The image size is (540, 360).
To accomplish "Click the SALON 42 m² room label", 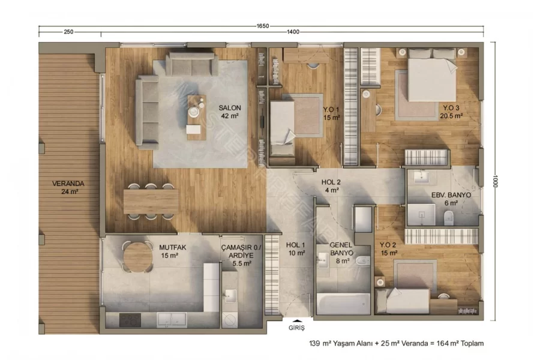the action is (229, 112).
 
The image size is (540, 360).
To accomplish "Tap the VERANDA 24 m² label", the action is (68, 187).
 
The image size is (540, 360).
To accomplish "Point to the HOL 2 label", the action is (331, 182).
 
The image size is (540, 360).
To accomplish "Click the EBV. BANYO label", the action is (451, 195).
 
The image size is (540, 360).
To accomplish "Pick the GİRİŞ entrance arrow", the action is (296, 321).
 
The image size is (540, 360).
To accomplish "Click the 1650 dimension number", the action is (262, 26).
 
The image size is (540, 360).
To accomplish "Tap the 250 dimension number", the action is (68, 32).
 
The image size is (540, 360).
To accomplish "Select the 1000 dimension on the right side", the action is (495, 181).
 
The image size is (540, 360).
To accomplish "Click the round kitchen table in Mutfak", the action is (138, 257).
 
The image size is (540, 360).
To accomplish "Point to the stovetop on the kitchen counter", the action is (130, 320).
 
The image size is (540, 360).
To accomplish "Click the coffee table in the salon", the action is (197, 117).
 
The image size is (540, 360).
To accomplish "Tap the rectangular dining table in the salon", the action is (151, 202).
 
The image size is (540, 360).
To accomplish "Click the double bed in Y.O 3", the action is (432, 77).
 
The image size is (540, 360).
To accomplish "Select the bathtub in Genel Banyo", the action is (343, 304).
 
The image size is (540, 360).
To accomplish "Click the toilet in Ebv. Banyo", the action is (448, 218).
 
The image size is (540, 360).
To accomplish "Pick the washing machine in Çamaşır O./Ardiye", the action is (229, 320).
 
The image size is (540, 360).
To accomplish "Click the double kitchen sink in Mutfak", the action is (172, 320).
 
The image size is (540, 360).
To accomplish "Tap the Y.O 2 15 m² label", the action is (388, 249).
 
